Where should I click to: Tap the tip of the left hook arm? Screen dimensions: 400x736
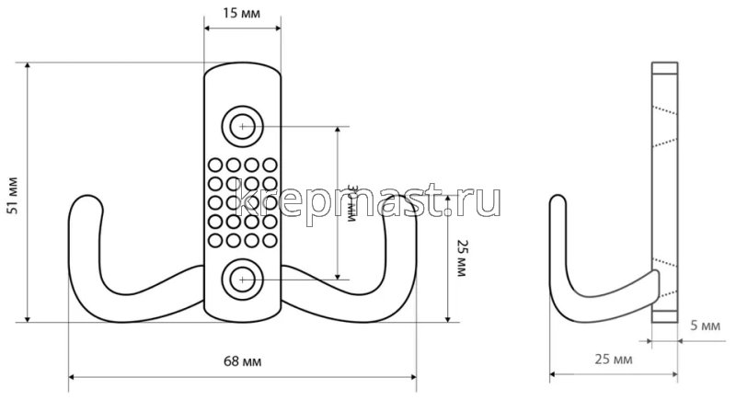[x=84, y=200]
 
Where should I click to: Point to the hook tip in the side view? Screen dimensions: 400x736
[x=556, y=201]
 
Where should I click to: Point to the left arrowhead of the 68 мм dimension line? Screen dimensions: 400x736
[x=72, y=376]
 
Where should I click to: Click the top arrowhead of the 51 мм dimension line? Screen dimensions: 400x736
[x=29, y=67]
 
